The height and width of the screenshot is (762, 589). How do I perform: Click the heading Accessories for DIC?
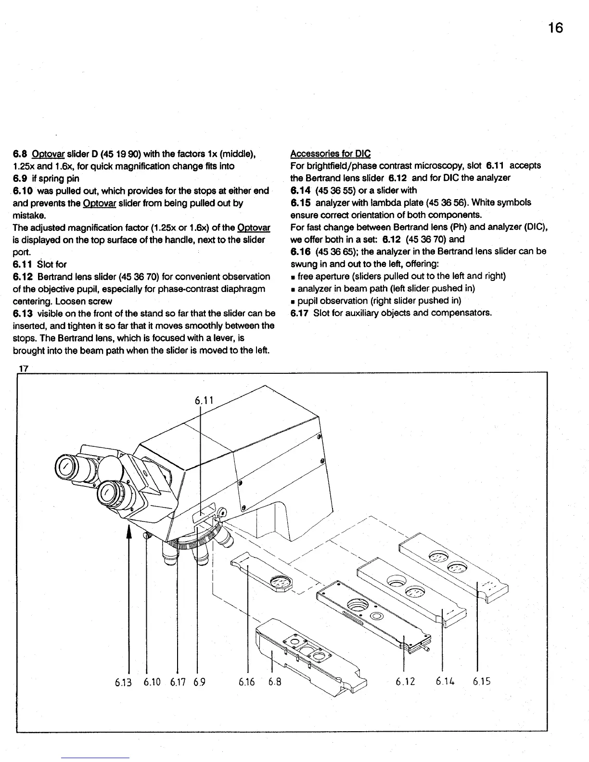(x=330, y=153)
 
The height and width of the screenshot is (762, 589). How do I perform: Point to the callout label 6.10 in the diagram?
(x=152, y=682)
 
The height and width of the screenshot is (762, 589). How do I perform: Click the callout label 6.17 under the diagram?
(x=179, y=682)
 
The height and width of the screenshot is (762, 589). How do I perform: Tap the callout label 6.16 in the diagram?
(x=248, y=682)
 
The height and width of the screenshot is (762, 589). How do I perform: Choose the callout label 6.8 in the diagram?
(x=274, y=682)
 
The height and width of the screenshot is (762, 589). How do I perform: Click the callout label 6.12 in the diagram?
(x=405, y=682)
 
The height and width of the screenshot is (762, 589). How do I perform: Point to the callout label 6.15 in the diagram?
(x=482, y=682)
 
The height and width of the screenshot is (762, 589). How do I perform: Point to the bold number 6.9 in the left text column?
(x=21, y=178)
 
